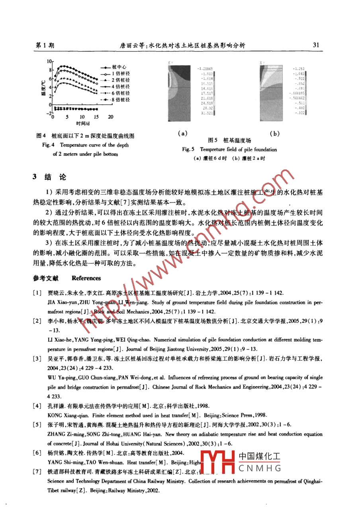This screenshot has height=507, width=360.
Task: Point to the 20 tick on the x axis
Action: (111, 117)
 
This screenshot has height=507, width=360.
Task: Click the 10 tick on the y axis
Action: (49, 62)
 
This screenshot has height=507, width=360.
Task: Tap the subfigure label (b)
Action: (274, 134)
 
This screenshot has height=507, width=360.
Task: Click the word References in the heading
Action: (86, 278)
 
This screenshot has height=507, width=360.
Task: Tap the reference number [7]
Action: (37, 472)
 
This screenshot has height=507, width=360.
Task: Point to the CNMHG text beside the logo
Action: (260, 468)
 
